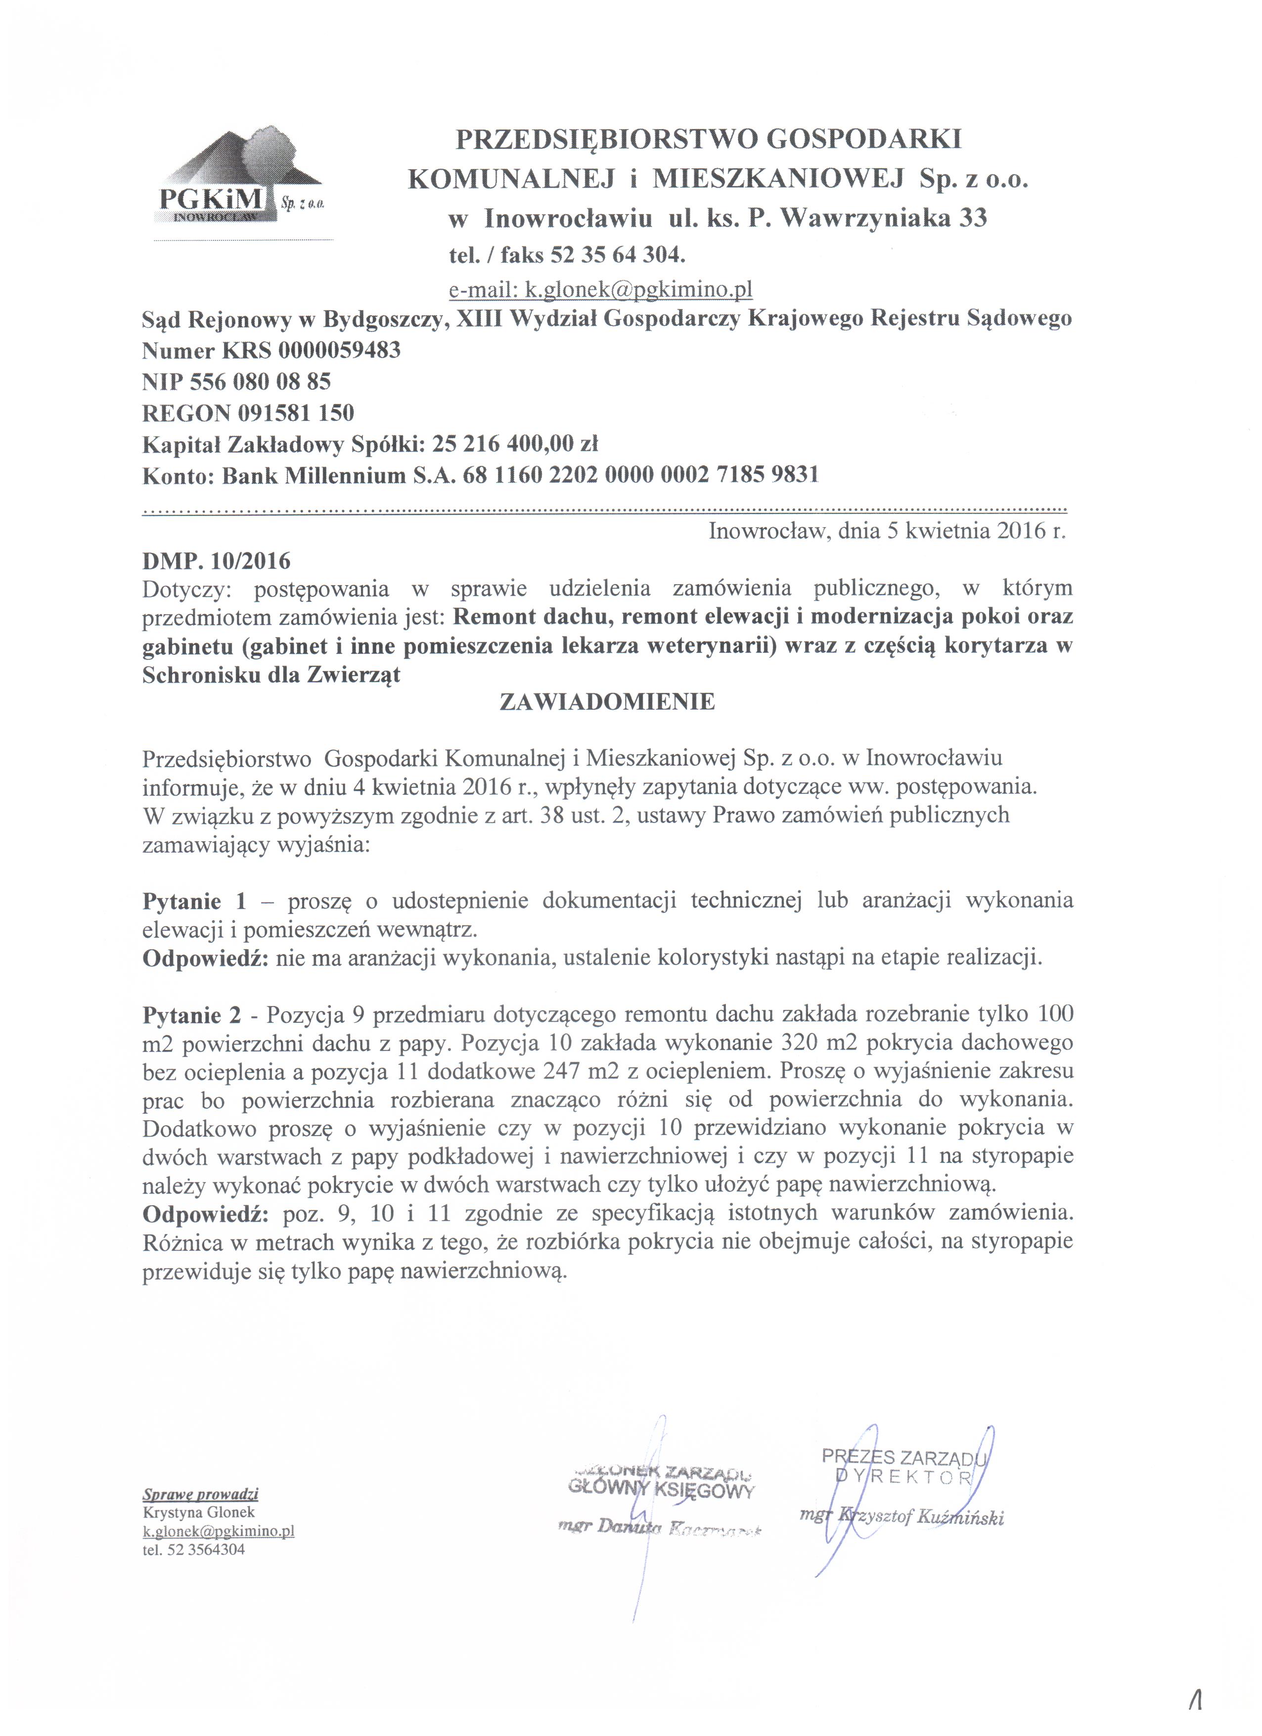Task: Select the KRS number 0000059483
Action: (x=339, y=351)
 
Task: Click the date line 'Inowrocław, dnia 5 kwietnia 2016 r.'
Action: (x=887, y=531)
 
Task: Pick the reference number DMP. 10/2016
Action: (x=217, y=561)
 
